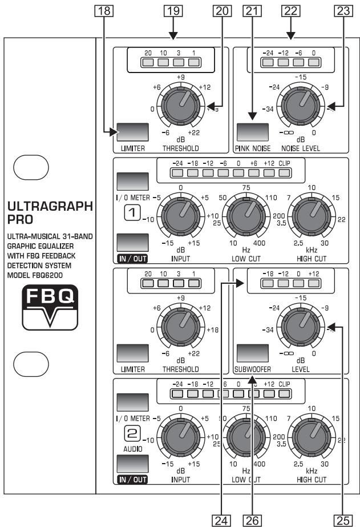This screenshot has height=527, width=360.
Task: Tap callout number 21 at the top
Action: [x=248, y=10]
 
